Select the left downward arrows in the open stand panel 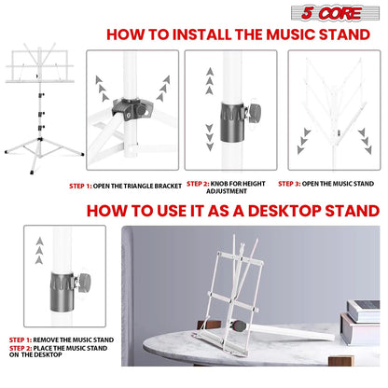click(300, 143)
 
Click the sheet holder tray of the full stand click(44, 71)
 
